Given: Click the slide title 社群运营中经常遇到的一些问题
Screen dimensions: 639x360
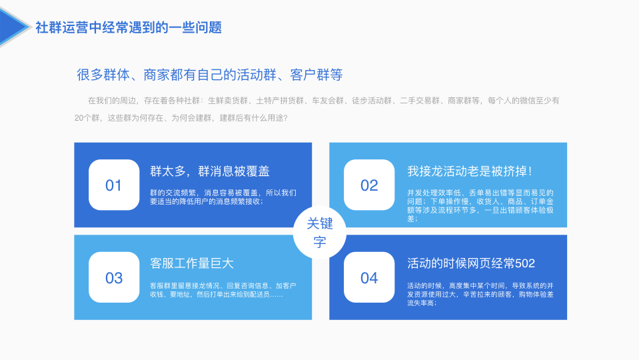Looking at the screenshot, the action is point(129,27).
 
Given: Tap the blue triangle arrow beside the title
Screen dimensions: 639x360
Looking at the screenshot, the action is point(13,27).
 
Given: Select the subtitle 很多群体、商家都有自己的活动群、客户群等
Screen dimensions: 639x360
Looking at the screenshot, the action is point(209,75).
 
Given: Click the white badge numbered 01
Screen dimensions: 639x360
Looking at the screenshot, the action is point(114,185).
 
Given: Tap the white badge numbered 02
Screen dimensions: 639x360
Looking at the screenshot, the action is point(369,185).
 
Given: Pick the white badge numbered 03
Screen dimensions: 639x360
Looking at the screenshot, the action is point(114,277).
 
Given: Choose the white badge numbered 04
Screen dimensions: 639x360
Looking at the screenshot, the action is point(369,277).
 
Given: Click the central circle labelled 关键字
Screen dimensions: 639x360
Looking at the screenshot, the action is point(320,233).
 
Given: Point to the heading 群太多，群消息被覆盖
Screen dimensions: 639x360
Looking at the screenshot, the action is point(210,171).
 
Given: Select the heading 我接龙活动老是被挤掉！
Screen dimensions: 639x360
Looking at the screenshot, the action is point(470,171).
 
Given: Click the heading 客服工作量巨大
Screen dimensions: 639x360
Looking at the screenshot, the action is point(192,263).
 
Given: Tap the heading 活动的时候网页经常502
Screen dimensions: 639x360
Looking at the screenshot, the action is point(470,263).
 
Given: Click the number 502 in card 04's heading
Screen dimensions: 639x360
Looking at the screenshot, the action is point(524,263).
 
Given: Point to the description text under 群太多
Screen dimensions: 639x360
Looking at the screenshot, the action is point(223,197).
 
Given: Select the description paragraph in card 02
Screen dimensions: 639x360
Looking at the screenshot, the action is point(480,205).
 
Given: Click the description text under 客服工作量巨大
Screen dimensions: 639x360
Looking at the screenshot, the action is point(223,290).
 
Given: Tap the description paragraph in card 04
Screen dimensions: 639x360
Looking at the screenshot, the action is point(480,294).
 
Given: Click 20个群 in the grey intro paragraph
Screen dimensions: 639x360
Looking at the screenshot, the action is point(87,118).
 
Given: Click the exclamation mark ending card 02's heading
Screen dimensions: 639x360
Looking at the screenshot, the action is point(530,171).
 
